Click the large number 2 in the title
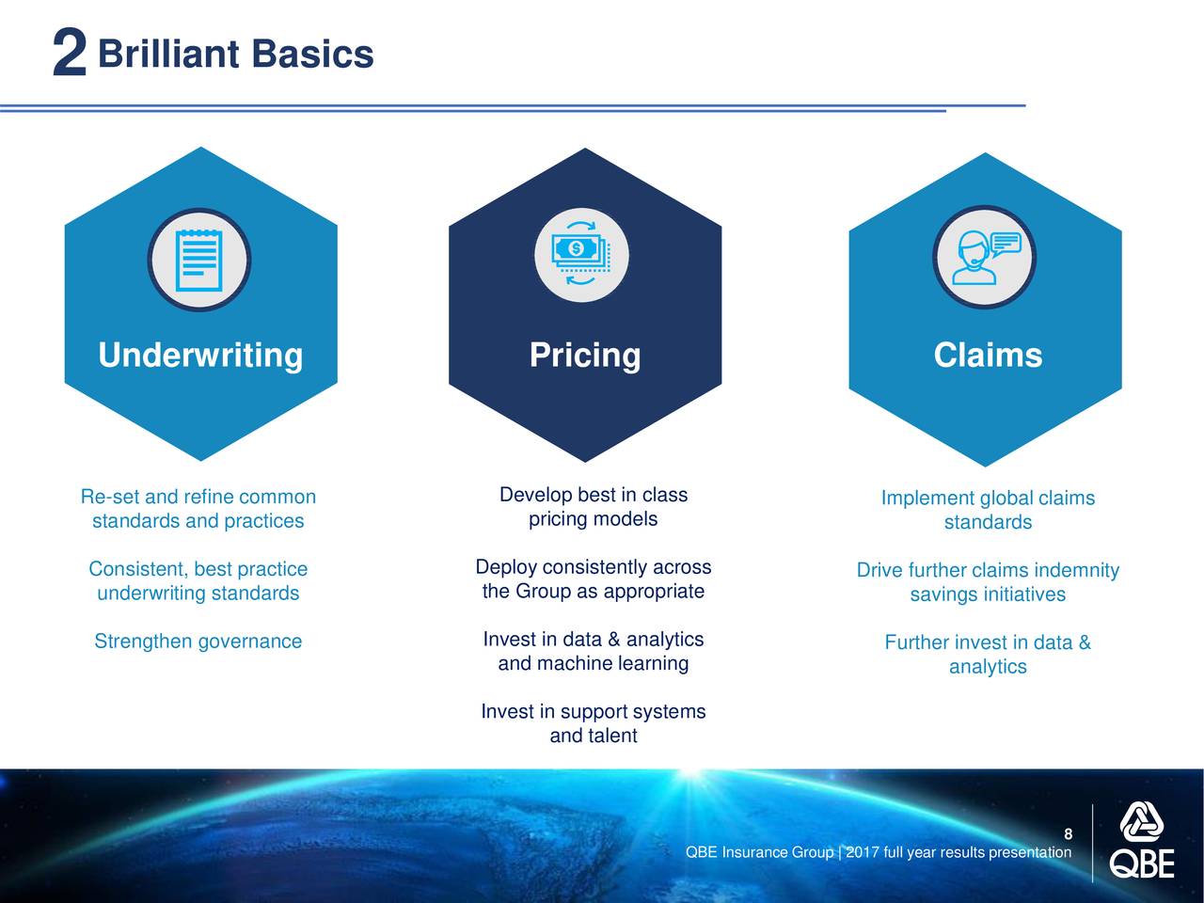70,52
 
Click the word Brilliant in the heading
168,54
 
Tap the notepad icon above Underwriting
199,260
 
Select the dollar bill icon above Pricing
581,254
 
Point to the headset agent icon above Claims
986,257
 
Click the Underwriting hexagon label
200,356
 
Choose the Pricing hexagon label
585,356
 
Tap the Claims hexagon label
988,355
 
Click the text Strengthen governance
198,641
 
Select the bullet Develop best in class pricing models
593,507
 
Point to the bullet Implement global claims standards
988,509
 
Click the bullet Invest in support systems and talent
594,723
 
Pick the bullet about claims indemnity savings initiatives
988,581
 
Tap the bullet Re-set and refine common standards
198,508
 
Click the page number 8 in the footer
1068,834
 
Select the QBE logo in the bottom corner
1142,840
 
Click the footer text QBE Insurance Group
759,852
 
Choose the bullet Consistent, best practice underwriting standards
198,580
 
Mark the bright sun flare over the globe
691,773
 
